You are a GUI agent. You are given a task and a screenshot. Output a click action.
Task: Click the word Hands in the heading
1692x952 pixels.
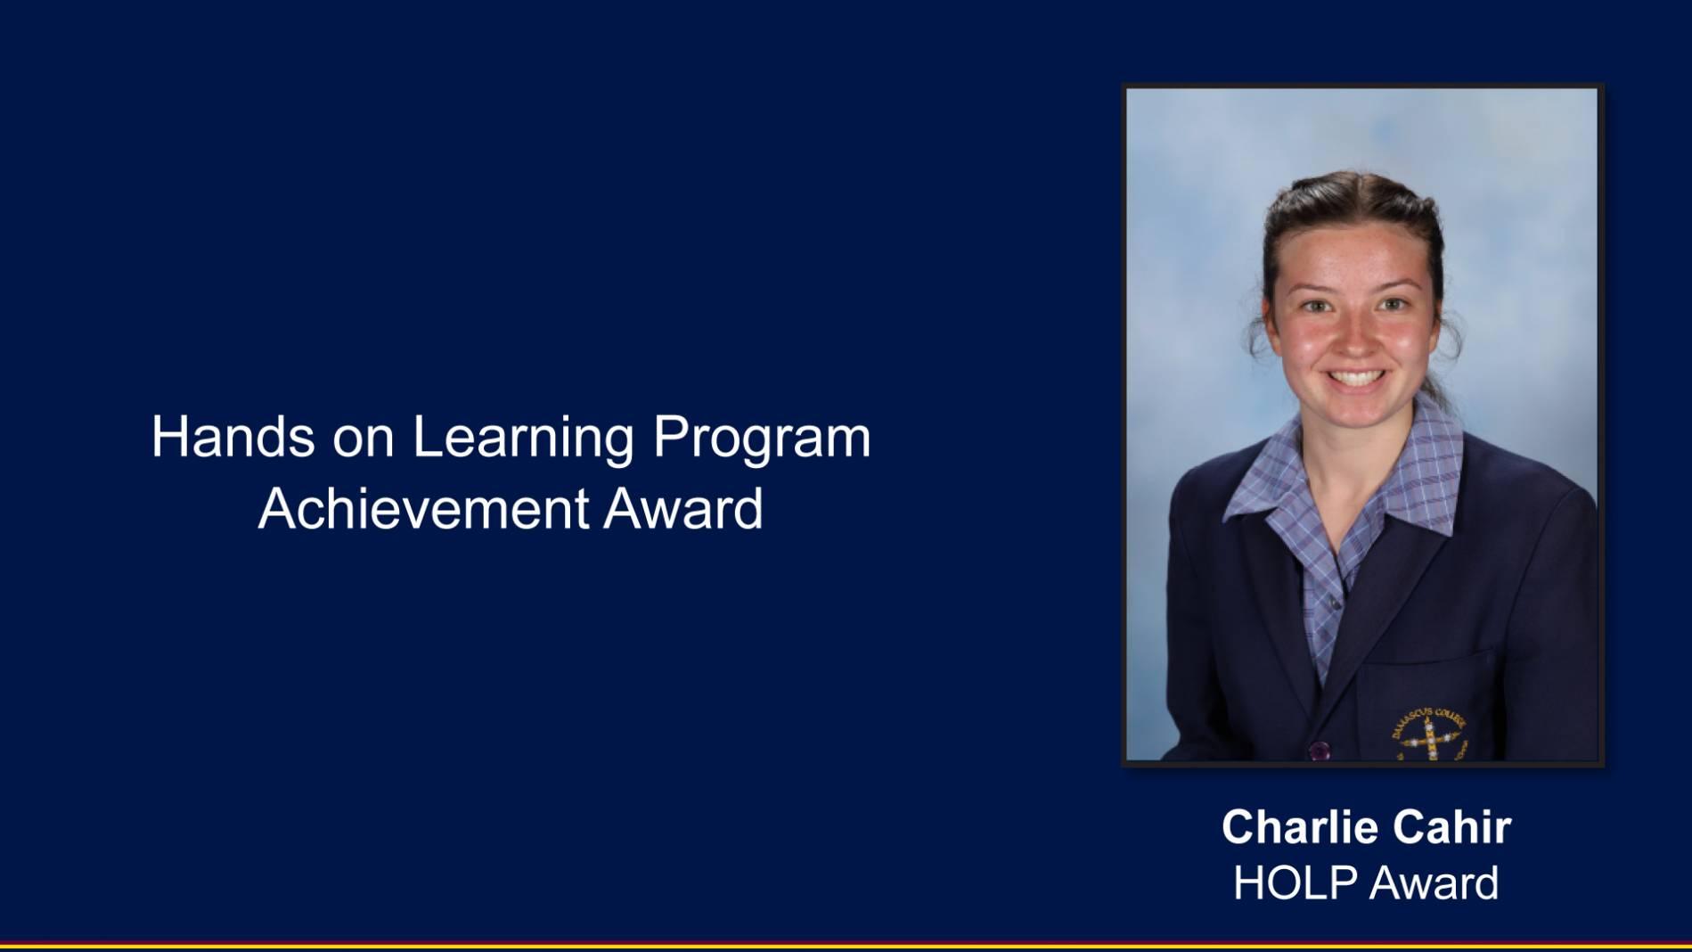click(233, 437)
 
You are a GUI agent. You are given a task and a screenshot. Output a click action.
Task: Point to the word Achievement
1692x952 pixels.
click(423, 509)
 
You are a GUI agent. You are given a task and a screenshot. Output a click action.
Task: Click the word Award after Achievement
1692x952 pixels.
click(683, 509)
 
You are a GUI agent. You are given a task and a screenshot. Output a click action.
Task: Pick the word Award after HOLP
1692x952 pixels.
click(1433, 883)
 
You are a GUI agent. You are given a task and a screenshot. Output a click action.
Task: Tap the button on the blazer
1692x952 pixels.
click(1320, 750)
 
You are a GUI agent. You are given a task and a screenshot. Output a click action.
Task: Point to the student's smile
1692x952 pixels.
click(1354, 378)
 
